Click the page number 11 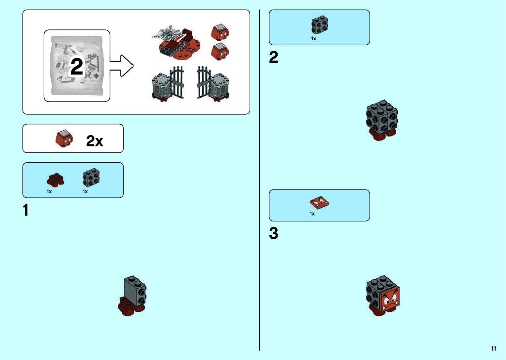click(493, 348)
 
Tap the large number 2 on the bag click(77, 66)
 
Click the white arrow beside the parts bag click(122, 66)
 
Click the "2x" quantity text click(95, 141)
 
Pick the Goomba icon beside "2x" click(64, 139)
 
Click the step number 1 click(26, 210)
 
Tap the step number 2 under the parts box click(273, 58)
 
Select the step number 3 click(273, 233)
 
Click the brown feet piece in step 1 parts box click(55, 180)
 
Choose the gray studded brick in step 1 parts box click(91, 178)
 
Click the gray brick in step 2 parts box click(320, 25)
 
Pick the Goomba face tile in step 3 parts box click(319, 202)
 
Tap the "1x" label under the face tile click(312, 214)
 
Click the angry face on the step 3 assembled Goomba click(390, 300)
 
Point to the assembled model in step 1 click(132, 295)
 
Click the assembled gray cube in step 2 click(382, 120)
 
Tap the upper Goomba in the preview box click(220, 32)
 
